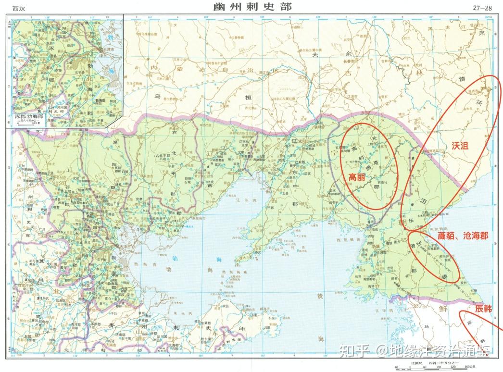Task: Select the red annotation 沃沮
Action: coord(460,144)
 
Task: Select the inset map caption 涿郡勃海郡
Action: coord(27,117)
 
